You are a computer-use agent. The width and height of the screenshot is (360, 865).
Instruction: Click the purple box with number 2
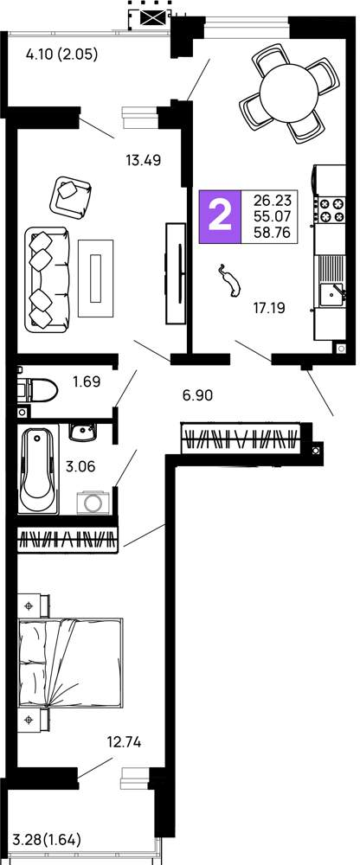221,216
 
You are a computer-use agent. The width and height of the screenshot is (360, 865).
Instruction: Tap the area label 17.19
269,309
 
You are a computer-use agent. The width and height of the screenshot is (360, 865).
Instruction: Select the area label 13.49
143,161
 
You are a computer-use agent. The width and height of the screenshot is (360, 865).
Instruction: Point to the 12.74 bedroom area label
124,742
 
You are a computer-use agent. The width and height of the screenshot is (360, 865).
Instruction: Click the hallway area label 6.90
197,394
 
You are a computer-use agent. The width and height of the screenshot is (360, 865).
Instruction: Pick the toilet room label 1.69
87,381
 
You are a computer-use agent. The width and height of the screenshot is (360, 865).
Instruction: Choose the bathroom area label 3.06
80,466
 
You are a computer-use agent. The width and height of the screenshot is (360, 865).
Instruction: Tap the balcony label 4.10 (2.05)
61,54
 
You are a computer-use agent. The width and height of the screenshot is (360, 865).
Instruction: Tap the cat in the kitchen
229,281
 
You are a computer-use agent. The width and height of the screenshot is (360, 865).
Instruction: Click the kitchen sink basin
331,294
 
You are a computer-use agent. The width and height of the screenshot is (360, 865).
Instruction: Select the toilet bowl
37,391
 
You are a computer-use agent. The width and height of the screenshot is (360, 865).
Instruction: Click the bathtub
38,470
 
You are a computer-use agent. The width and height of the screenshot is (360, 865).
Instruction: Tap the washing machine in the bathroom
93,502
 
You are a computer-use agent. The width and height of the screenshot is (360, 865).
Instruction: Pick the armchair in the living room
70,195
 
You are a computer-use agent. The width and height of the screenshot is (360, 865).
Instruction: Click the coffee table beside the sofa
95,278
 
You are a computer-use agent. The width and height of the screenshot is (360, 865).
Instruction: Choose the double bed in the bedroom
70,662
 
